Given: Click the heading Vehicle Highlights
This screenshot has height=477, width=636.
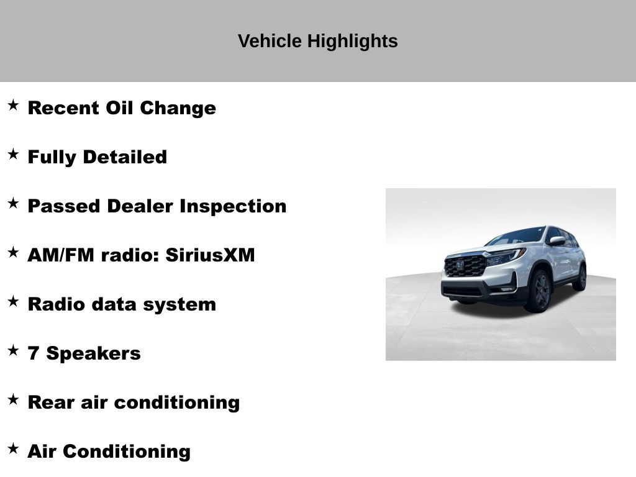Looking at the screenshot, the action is coord(317,42).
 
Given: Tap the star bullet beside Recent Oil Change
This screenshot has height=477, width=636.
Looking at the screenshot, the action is coord(14,105).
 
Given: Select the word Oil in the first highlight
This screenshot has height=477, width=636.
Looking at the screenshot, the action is coord(119,108).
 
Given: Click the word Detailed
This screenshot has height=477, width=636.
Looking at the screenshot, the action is coord(125,157).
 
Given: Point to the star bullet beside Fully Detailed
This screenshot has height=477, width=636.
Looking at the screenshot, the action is coord(14,154).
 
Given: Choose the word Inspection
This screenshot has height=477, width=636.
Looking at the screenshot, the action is coord(234,206).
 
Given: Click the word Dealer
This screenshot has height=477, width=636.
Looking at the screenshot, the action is coord(140,206).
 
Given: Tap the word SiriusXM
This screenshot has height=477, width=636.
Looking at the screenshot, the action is coord(210,255).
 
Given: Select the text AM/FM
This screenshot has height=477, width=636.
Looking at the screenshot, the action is coord(61,255).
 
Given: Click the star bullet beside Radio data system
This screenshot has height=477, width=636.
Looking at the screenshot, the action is coord(14,301).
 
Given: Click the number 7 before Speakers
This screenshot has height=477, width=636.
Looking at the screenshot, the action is coord(34,353).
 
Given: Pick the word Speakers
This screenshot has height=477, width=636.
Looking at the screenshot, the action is coord(93,353).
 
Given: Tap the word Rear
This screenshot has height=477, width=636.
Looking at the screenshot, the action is coord(51,402).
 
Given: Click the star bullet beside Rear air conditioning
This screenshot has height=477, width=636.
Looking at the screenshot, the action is coord(14,399).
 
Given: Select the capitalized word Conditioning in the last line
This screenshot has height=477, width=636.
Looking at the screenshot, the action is coord(127,452).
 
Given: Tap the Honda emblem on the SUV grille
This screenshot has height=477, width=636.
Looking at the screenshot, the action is coord(460,266).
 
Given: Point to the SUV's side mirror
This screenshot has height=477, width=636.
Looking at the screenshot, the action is coord(557,241).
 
